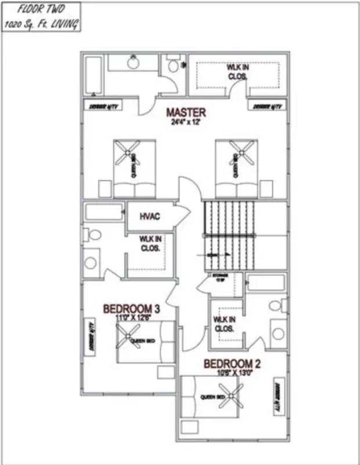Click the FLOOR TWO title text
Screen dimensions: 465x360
(40, 10)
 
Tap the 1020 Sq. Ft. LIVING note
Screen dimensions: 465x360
(40, 24)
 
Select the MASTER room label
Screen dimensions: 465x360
(186, 112)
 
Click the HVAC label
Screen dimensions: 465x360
(149, 216)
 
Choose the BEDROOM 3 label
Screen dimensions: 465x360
(131, 308)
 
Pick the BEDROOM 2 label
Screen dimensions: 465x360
(232, 364)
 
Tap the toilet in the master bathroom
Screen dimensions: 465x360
(173, 66)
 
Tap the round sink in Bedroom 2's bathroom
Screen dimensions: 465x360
(278, 334)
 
